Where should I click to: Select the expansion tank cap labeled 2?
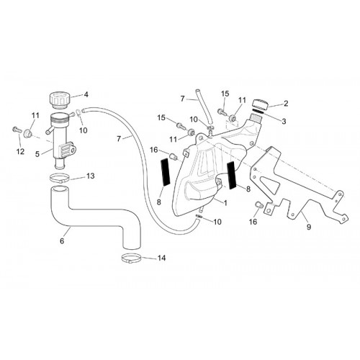(260, 104)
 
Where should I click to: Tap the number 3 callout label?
(284, 121)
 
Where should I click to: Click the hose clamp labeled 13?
(60, 179)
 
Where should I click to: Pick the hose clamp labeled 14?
(131, 258)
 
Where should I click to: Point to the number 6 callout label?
(62, 240)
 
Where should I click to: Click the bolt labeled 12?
(17, 130)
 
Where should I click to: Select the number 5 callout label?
(37, 154)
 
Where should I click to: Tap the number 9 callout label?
(309, 227)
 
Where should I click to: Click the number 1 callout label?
(225, 203)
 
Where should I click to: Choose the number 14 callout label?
(161, 258)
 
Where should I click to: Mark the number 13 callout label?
(91, 176)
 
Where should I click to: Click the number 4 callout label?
(86, 94)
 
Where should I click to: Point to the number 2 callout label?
(286, 104)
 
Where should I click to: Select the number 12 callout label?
(21, 151)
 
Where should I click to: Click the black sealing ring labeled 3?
(258, 112)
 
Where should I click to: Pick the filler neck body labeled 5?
(62, 139)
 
